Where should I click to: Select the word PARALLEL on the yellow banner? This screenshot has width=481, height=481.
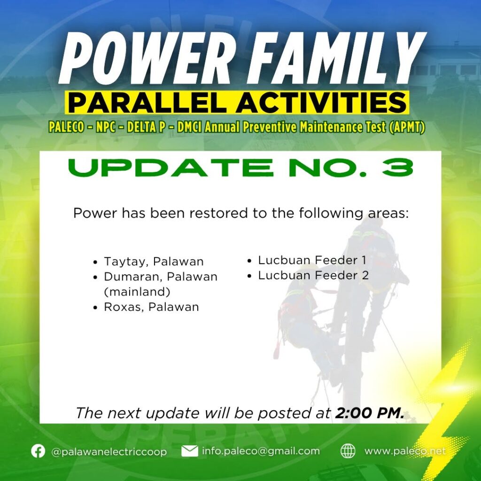147,102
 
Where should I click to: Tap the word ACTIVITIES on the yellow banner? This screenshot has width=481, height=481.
321,102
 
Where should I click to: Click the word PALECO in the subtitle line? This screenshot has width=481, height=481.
66,127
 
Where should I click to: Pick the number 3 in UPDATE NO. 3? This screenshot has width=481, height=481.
398,168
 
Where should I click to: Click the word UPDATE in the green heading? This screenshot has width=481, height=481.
171,168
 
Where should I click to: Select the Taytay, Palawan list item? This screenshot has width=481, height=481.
154,262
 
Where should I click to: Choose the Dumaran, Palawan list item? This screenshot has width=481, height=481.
161,277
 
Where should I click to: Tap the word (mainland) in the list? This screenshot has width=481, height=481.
137,292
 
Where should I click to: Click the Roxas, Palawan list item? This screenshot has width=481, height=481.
152,307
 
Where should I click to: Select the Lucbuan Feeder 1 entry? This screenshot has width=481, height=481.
312,260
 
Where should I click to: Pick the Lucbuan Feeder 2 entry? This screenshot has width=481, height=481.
313,275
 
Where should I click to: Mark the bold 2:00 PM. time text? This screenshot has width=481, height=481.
370,413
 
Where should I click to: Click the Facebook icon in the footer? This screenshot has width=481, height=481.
38,451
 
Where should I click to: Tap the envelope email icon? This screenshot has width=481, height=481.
190,451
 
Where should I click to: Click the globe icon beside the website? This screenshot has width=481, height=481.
348,451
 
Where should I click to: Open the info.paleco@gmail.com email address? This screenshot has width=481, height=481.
261,451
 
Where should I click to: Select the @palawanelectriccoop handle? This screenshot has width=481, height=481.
109,452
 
